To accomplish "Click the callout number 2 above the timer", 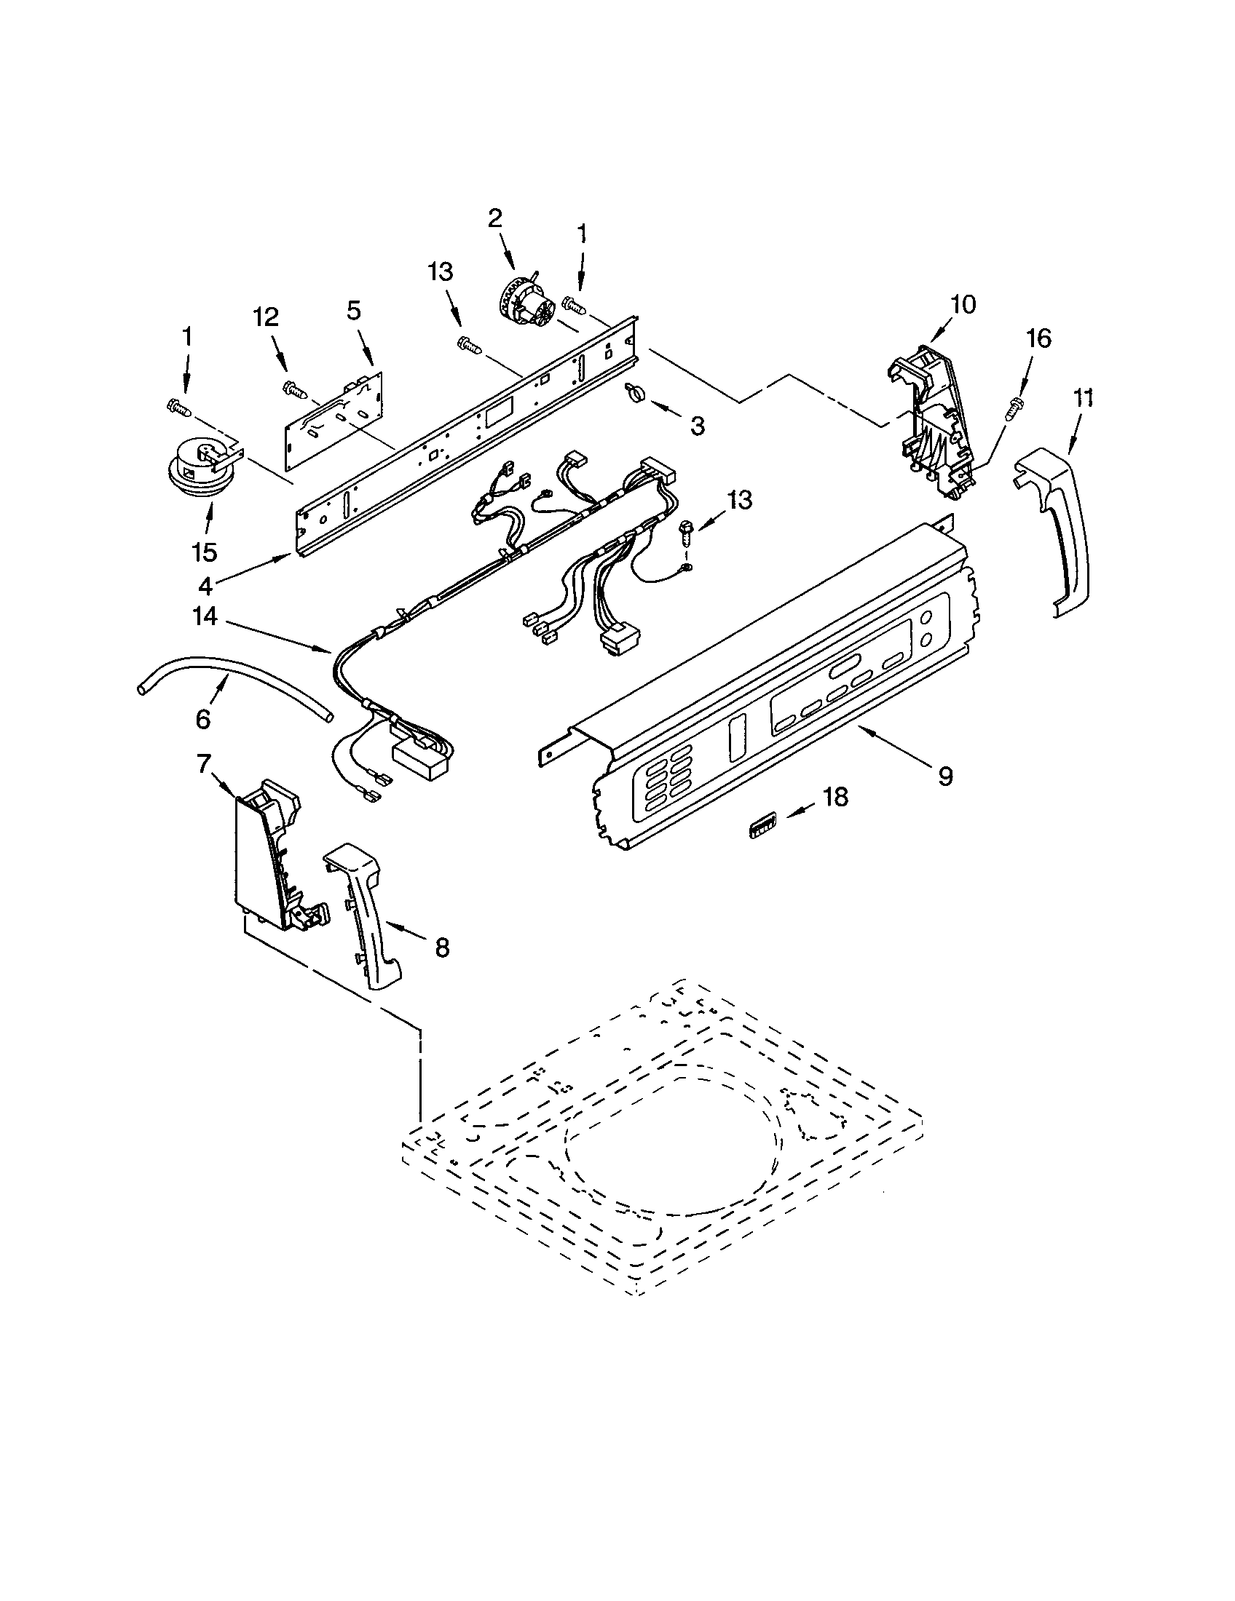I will (x=495, y=218).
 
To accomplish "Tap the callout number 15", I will (x=205, y=552).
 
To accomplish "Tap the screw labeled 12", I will (x=295, y=388).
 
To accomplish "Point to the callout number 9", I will (x=945, y=776).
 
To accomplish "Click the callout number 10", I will (x=963, y=304).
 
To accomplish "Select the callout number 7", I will (x=203, y=765).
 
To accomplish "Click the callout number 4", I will (x=206, y=585).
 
